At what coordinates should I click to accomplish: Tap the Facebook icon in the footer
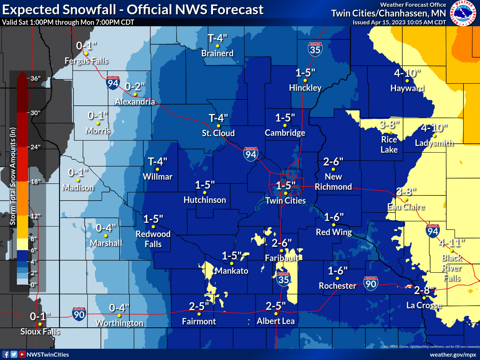[x=6, y=354]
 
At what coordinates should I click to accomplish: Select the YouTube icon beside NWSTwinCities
[x=22, y=354]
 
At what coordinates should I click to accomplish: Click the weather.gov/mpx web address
[x=453, y=354]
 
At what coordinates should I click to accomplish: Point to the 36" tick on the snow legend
[x=35, y=78]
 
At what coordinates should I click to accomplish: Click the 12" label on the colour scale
[x=35, y=216]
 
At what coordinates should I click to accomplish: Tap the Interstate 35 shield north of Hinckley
[x=315, y=49]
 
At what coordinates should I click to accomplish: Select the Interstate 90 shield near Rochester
[x=370, y=283]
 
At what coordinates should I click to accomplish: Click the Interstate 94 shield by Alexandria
[x=113, y=83]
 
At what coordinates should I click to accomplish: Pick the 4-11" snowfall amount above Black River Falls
[x=452, y=243]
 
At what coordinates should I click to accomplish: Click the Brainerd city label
[x=217, y=53]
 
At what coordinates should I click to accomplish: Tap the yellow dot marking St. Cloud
[x=219, y=126]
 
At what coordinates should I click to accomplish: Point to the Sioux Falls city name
[x=40, y=331]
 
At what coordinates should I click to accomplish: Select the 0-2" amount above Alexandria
[x=135, y=87]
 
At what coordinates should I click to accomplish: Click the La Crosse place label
[x=424, y=305]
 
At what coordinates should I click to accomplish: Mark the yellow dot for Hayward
[x=407, y=81]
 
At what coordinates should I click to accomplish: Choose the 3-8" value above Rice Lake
[x=389, y=124]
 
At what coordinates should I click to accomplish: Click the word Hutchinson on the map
[x=205, y=200]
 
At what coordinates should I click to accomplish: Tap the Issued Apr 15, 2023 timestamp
[x=399, y=22]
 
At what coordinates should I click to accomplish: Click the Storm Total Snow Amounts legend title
[x=13, y=176]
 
